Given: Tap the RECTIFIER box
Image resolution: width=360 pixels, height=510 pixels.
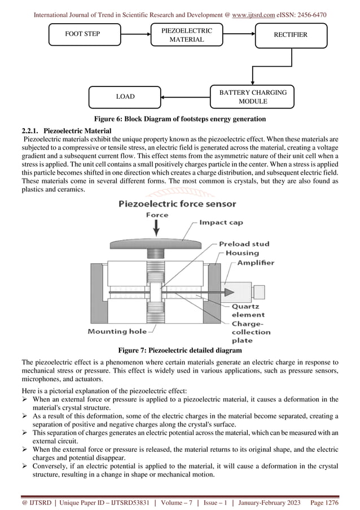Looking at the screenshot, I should pyautogui.click(x=290, y=35).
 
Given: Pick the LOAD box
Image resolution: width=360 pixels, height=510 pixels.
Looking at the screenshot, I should pyautogui.click(x=125, y=97).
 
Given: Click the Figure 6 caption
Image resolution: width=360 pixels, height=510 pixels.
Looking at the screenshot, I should pyautogui.click(x=179, y=119).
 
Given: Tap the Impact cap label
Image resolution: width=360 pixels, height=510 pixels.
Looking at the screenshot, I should pyautogui.click(x=221, y=223).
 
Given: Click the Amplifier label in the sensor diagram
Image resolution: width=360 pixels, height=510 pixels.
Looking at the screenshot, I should pyautogui.click(x=255, y=263).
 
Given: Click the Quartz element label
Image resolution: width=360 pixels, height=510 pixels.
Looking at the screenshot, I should pyautogui.click(x=248, y=311).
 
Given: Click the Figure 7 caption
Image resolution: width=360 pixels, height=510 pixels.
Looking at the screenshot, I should pyautogui.click(x=179, y=350).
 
